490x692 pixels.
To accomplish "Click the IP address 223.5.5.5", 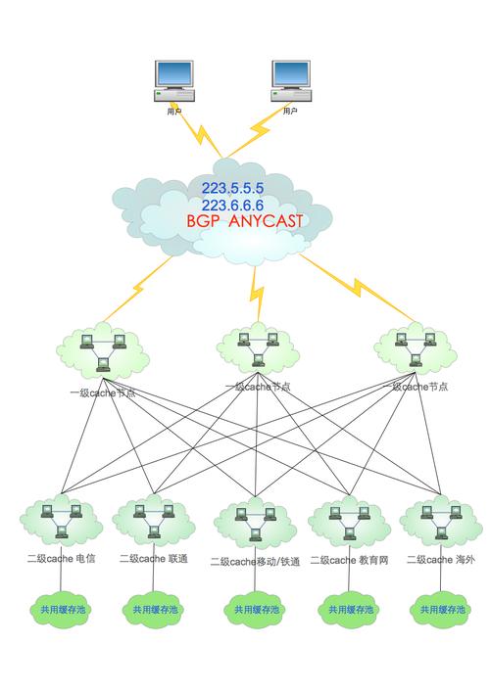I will tap(233, 187).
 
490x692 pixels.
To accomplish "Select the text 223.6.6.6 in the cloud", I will tap(233, 205).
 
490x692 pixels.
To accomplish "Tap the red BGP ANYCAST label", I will tap(244, 222).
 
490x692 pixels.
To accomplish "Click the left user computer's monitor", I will tap(172, 74).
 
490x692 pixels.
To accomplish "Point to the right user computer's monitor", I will tap(289, 74).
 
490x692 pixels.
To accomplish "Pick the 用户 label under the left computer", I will tap(173, 112).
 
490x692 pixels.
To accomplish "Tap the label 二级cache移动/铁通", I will tap(254, 562).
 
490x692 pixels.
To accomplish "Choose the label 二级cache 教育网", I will tap(350, 560).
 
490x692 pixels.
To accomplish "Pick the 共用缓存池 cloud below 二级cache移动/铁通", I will tap(255, 609).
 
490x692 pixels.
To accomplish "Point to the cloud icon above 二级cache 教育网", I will tap(348, 522).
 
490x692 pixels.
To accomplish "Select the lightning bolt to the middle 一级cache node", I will tap(258, 290).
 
